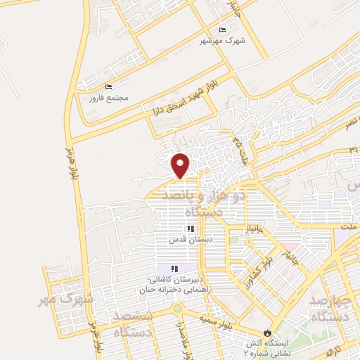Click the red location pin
(x=181, y=165)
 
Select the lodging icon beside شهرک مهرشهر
(x=223, y=30)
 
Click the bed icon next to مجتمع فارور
(x=108, y=87)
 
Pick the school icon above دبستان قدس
(x=189, y=229)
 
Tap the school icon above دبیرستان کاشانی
(x=174, y=269)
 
